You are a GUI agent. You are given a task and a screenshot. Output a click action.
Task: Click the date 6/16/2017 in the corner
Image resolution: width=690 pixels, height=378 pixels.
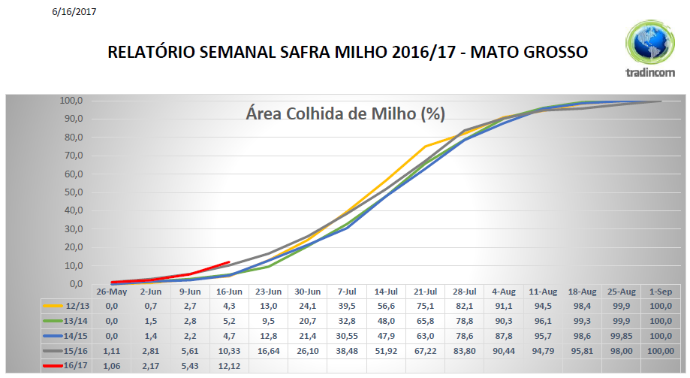click(x=74, y=12)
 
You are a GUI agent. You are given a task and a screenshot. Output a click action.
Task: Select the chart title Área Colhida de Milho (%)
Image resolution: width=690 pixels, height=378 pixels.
click(x=345, y=113)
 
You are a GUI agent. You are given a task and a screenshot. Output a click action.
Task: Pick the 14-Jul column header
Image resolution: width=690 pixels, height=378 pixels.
click(x=386, y=291)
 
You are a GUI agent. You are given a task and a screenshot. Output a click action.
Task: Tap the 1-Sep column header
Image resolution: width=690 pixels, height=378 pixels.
click(x=661, y=291)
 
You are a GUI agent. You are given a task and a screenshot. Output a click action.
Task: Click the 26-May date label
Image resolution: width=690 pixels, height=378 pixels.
click(x=111, y=291)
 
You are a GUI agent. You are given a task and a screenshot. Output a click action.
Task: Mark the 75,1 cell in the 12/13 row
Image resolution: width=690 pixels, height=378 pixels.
click(x=426, y=306)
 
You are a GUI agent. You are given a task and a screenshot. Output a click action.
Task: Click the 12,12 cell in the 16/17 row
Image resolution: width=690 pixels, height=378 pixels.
click(x=229, y=365)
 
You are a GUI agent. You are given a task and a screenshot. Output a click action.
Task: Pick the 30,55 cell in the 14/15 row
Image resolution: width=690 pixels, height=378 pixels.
click(x=347, y=336)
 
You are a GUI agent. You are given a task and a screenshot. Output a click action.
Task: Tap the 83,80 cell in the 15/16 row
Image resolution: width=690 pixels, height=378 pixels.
click(x=465, y=350)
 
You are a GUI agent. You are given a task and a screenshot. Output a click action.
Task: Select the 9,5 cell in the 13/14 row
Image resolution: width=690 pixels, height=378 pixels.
click(x=268, y=321)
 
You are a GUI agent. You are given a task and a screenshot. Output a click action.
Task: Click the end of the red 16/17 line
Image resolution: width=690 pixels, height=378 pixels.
click(x=229, y=262)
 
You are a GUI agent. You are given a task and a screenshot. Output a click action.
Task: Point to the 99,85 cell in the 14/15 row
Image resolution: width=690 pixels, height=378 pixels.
click(x=622, y=336)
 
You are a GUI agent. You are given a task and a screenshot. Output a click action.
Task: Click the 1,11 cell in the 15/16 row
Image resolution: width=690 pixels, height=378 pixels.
click(x=111, y=350)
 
